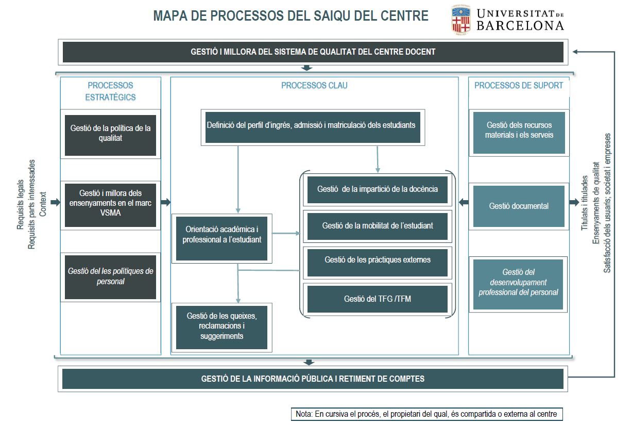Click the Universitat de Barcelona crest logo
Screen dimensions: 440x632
tap(461, 20)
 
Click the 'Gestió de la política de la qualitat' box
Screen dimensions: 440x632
tap(110, 134)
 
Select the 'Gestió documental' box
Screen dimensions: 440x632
tap(519, 206)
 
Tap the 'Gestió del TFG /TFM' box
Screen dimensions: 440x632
tap(378, 299)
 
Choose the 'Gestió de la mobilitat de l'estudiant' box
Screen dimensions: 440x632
tap(378, 226)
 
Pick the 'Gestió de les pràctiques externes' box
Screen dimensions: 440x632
tap(378, 260)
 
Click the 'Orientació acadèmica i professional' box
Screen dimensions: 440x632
tap(221, 234)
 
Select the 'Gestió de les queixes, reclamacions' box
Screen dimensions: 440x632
tap(221, 326)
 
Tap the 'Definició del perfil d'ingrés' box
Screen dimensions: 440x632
tap(313, 125)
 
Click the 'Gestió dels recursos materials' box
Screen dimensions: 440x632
tap(519, 130)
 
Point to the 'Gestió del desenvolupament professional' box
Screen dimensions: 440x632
tap(519, 282)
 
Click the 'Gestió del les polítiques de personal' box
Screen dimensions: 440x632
tap(110, 276)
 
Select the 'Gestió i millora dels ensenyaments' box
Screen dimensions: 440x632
tap(110, 203)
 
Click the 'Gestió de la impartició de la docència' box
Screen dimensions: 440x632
tap(378, 189)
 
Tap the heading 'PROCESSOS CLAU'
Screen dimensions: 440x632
tap(314, 86)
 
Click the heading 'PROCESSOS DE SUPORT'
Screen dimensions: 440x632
tap(519, 86)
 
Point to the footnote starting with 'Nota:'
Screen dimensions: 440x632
tap(426, 414)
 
